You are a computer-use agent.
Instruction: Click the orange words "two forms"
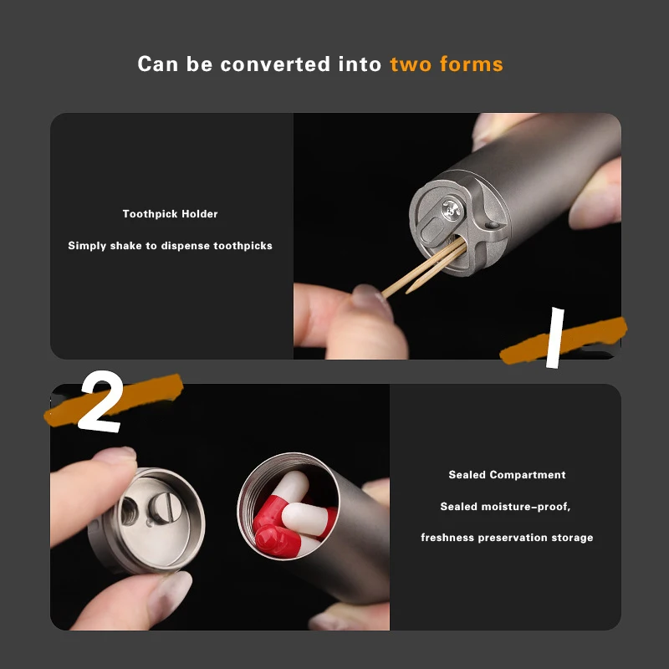click(x=447, y=64)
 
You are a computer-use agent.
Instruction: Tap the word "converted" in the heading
click(x=275, y=64)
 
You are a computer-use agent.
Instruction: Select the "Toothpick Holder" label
click(x=171, y=214)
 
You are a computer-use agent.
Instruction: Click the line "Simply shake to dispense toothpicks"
click(x=171, y=246)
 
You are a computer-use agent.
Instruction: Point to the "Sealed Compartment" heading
click(x=507, y=475)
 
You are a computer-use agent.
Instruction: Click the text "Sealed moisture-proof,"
click(x=505, y=507)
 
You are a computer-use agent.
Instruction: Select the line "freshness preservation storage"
click(x=507, y=538)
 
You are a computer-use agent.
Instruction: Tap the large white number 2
click(x=101, y=401)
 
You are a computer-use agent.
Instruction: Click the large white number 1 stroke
click(x=555, y=338)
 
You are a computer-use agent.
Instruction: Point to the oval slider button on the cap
click(x=432, y=231)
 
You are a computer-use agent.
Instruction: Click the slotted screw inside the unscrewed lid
click(x=162, y=508)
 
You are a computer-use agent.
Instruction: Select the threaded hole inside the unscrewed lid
click(x=130, y=511)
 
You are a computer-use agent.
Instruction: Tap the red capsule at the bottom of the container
click(x=278, y=540)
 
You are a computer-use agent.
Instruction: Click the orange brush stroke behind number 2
click(x=115, y=400)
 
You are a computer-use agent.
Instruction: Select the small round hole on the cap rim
click(x=492, y=224)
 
